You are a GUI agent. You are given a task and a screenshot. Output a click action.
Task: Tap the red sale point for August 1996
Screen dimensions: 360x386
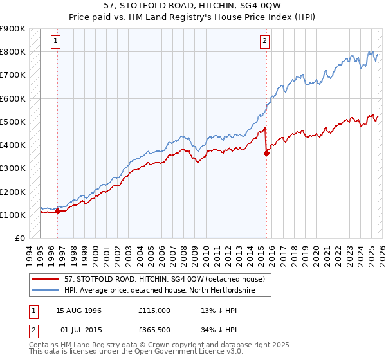click(58, 210)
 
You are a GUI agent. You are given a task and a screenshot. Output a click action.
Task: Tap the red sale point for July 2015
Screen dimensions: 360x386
click(266, 152)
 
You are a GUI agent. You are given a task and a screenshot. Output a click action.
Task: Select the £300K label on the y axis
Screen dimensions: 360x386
click(13, 168)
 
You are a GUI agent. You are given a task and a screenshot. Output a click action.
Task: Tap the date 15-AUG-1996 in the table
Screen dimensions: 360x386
click(78, 310)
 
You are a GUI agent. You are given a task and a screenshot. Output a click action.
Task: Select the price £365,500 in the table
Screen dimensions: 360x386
click(154, 331)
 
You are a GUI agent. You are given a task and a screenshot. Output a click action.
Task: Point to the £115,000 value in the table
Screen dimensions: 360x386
click(154, 310)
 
